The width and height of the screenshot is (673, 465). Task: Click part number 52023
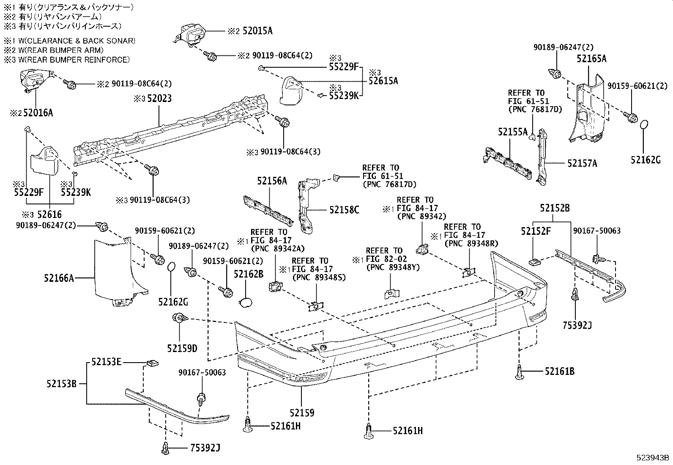(x=159, y=99)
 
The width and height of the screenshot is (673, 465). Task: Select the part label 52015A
(x=257, y=31)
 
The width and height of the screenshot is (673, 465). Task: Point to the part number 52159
(x=302, y=412)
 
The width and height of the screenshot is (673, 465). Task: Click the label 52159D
(x=182, y=348)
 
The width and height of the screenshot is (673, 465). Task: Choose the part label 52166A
(x=58, y=278)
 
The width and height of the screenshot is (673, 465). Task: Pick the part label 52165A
(x=591, y=59)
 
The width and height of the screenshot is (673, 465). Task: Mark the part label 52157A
(x=582, y=163)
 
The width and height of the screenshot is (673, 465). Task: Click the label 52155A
(x=512, y=132)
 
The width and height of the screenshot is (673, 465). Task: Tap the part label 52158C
(x=345, y=209)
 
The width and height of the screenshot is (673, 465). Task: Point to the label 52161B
(x=559, y=371)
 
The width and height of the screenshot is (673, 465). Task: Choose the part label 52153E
(x=107, y=362)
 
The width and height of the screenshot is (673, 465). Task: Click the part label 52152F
(x=536, y=231)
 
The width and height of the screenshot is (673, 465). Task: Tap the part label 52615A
(x=383, y=81)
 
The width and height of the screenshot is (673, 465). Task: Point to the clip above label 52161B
(x=519, y=372)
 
